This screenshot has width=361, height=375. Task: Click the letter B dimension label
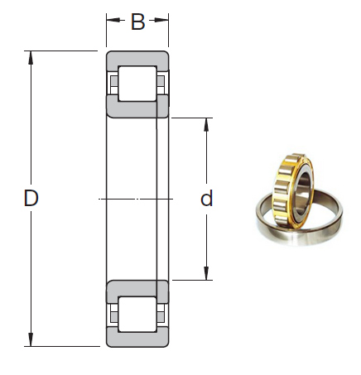pos(137,22)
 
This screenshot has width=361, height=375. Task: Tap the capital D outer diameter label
pos(31,199)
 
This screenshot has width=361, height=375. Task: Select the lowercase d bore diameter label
pos(207,199)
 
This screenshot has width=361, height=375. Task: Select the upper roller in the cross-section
pos(137,84)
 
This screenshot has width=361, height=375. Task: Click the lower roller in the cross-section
pos(137,314)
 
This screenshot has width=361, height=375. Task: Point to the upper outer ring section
pos(137,58)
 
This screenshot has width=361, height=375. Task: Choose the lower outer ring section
pos(137,339)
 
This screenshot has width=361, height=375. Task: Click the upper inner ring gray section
pos(137,108)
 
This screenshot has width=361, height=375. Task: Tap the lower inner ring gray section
pos(137,289)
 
